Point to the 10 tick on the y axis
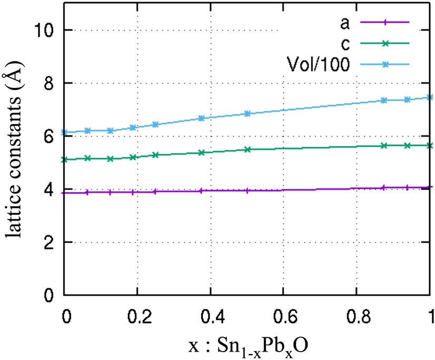(45, 30)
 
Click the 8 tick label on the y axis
(51, 83)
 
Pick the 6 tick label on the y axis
(51, 136)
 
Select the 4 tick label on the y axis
(51, 189)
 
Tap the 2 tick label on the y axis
(51, 242)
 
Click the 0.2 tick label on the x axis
(137, 318)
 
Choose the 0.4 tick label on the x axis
(211, 318)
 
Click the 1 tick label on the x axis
(430, 318)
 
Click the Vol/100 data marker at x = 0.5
(248, 113)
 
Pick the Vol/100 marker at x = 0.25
(155, 124)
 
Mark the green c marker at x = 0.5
(248, 149)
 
